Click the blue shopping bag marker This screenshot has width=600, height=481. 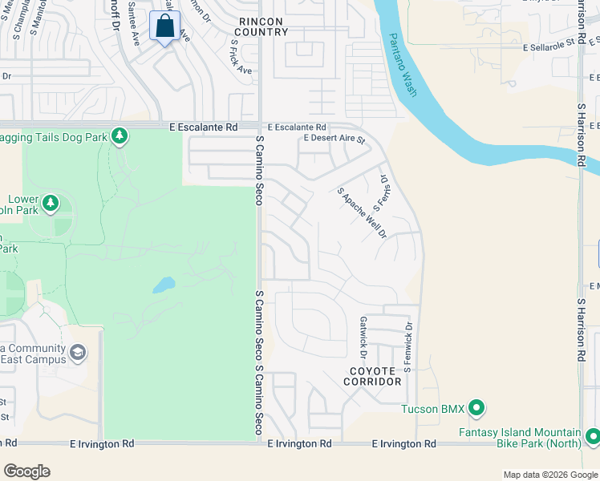(164, 26)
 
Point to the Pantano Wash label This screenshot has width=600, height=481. (403, 64)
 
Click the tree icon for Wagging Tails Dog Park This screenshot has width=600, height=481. (120, 136)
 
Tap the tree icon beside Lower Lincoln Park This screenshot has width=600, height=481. (51, 203)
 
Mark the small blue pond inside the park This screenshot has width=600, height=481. (164, 285)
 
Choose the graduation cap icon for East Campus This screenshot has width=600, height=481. (78, 353)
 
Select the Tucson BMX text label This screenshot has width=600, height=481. (433, 410)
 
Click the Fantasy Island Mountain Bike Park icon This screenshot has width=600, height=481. (593, 436)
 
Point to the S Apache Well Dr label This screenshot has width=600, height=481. (362, 213)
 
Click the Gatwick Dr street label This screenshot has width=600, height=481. (363, 337)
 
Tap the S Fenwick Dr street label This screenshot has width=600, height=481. (408, 347)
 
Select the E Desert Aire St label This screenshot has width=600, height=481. (334, 139)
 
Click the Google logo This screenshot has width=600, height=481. (26, 471)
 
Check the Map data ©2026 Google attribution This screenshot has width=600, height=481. (549, 475)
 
